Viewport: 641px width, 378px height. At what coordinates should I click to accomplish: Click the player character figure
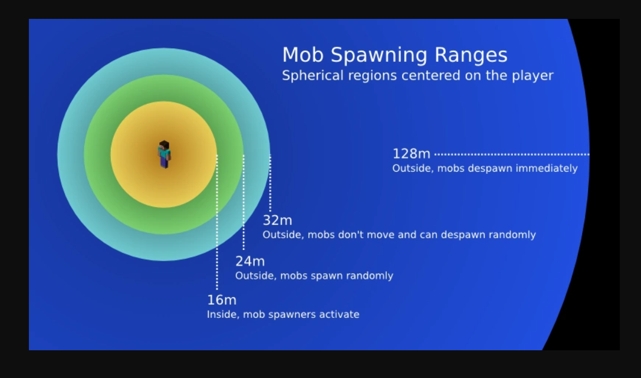(x=165, y=155)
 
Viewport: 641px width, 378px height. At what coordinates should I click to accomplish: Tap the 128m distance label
(x=411, y=154)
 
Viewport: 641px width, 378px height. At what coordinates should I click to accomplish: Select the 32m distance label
(x=277, y=221)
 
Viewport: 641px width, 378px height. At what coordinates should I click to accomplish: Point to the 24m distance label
(x=250, y=261)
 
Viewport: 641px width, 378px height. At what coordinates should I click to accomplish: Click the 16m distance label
(x=222, y=300)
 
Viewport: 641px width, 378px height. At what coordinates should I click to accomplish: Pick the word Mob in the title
(x=303, y=55)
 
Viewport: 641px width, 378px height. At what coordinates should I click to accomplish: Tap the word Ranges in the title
(x=471, y=55)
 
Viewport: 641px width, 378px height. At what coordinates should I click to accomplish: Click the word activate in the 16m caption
(x=339, y=314)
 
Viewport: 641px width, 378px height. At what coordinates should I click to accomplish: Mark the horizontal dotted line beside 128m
(x=512, y=155)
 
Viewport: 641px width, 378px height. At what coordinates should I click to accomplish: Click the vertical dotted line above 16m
(x=217, y=222)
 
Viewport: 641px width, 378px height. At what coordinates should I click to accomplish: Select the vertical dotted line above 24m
(x=244, y=202)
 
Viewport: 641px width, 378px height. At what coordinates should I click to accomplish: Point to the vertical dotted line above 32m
(x=270, y=183)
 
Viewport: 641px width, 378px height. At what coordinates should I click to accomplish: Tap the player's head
(x=164, y=145)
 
